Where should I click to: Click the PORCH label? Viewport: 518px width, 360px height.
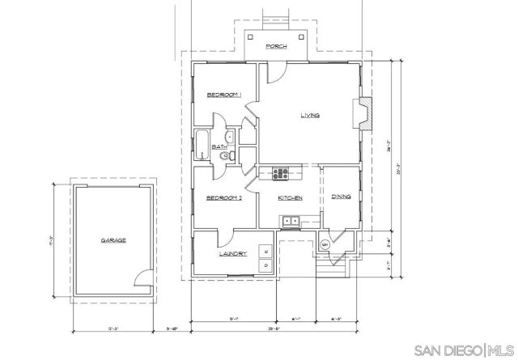coord(278,46)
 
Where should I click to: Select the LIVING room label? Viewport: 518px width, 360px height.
coord(309,116)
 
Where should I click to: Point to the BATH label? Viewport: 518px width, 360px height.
coord(219,146)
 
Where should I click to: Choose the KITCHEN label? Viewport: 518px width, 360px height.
coord(290,198)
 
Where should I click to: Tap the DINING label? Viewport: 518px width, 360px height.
coord(340,196)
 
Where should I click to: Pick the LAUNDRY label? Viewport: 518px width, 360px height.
coord(232,255)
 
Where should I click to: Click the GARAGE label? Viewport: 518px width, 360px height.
coord(113,240)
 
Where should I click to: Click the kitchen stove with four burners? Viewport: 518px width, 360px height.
coord(281,172)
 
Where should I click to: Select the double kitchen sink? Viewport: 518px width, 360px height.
coord(290,221)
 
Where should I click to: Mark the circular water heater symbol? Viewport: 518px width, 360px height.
coord(325,244)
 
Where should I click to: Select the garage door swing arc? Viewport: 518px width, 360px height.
coord(142,279)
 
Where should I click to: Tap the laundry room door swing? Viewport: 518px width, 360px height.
coord(225,238)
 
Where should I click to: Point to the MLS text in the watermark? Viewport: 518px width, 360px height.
coord(502,350)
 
